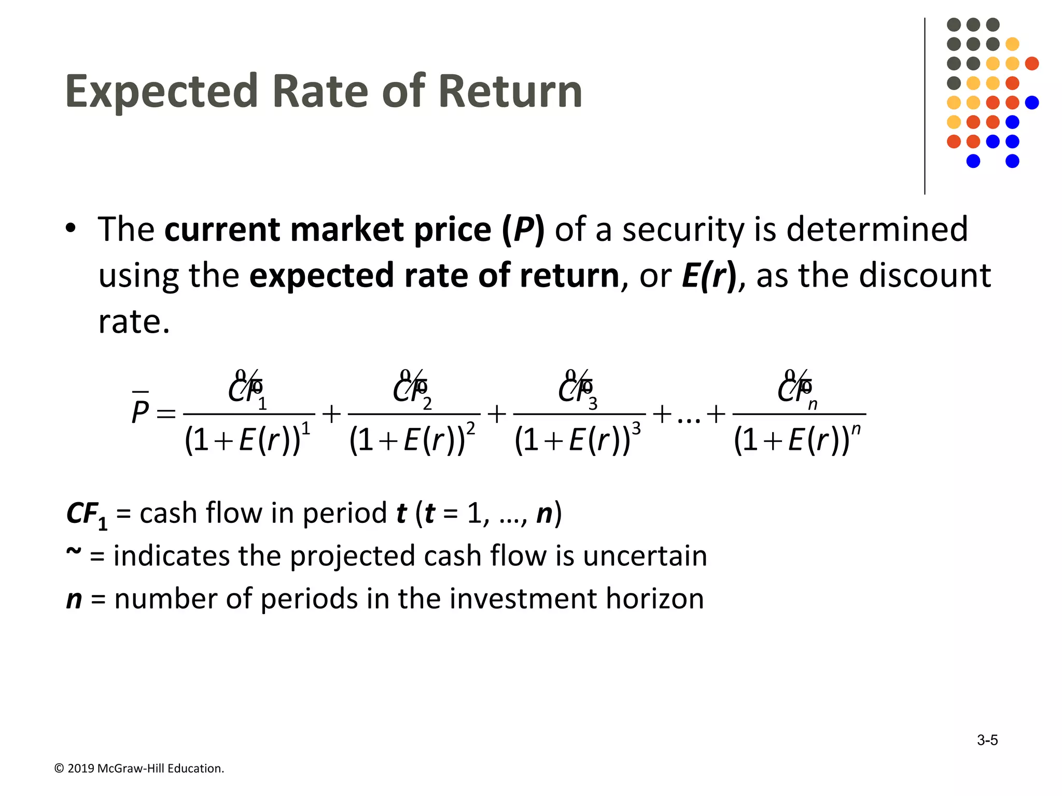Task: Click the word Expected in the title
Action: point(161,92)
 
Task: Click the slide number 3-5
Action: point(987,740)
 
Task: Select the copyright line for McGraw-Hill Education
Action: point(139,769)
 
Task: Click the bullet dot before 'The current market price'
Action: point(71,229)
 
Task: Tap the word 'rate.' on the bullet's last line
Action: point(134,322)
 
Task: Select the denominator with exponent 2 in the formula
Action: point(412,439)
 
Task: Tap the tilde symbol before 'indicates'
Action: point(74,552)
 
